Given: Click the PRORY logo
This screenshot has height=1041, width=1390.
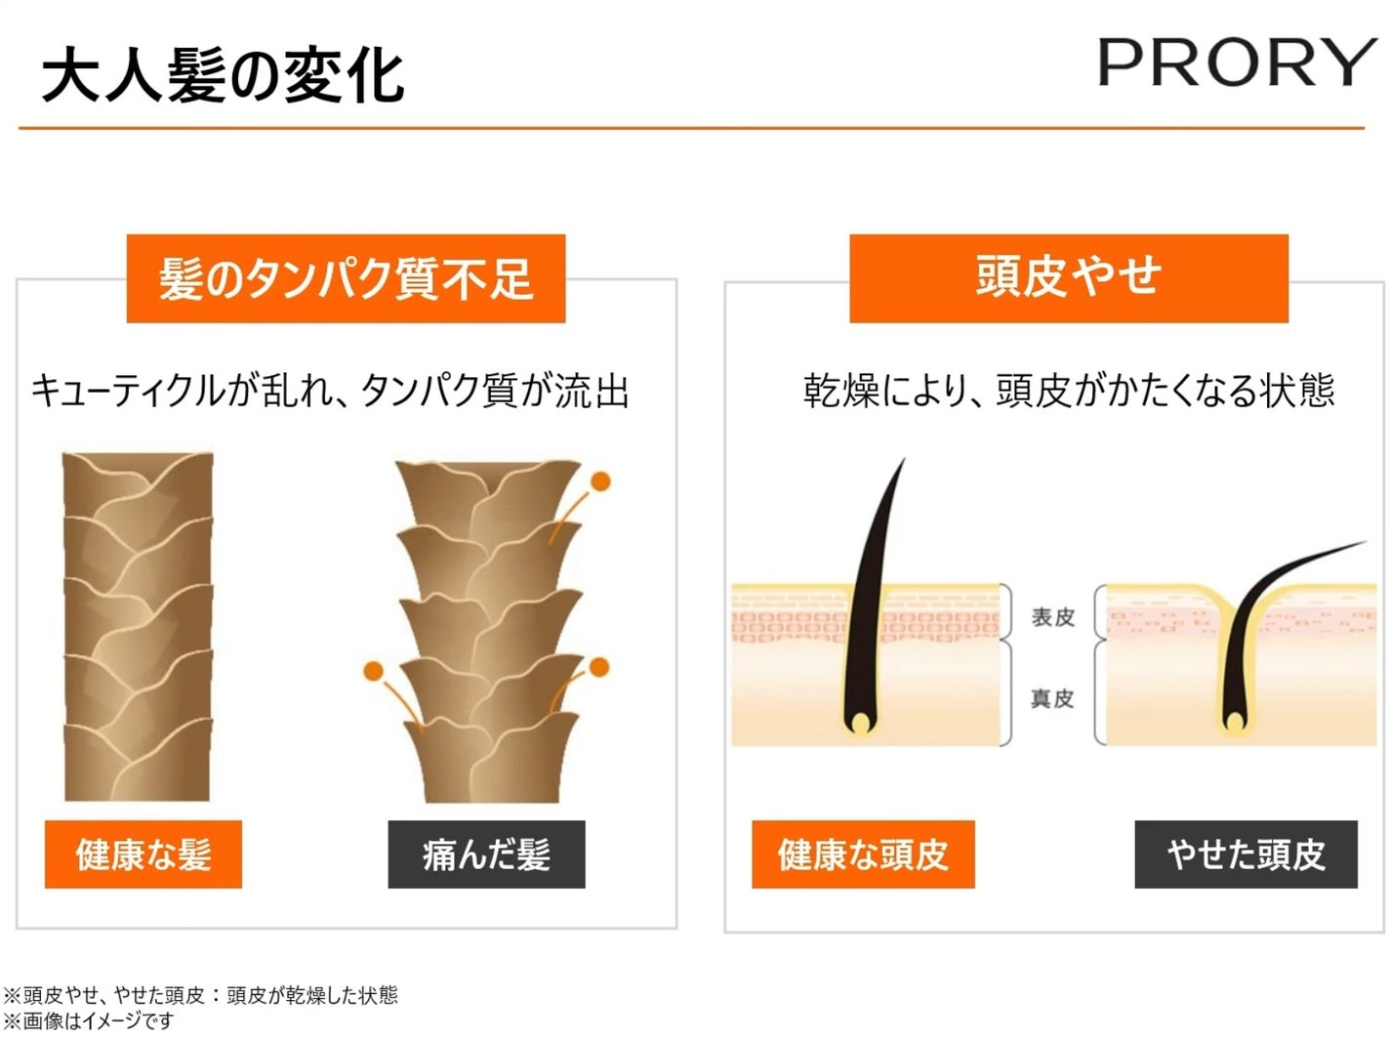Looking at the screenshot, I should (1236, 63).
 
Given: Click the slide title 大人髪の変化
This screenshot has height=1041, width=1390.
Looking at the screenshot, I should (223, 76).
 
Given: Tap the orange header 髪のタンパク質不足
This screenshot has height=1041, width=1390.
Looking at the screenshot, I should (346, 279).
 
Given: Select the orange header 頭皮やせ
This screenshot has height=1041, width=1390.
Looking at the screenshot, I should (1068, 277).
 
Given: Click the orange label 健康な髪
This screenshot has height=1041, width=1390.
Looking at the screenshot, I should (143, 854).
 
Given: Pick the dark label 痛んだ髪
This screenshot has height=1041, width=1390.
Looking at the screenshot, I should (486, 854).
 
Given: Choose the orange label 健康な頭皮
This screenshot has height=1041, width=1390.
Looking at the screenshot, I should (863, 854).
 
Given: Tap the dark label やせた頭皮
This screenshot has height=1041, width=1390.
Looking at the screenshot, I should (1246, 854).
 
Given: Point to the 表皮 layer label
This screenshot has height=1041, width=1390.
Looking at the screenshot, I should (1052, 617).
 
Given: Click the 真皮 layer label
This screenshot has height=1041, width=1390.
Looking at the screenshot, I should (1052, 698).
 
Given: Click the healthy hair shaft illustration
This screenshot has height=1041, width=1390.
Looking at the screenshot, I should (138, 625).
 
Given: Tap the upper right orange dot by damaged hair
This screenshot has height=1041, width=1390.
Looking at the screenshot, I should (600, 481).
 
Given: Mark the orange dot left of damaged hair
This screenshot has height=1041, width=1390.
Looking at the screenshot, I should (372, 671).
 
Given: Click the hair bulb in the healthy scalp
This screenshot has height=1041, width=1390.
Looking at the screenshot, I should (860, 722).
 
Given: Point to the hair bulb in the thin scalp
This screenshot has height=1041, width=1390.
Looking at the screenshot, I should (1235, 722).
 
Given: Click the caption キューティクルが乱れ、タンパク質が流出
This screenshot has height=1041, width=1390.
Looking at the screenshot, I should (330, 392).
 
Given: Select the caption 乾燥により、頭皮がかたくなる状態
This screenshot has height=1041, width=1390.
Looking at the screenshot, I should (1068, 391).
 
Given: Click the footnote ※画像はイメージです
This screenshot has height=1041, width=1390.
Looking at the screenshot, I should (88, 1021).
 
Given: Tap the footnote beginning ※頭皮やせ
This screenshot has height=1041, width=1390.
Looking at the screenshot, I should (200, 995).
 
